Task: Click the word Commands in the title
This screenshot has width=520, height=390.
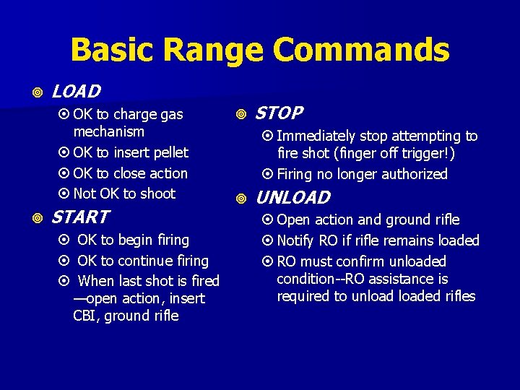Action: coord(363,51)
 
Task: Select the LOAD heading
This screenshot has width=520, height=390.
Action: coord(76,92)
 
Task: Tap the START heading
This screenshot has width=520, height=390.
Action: coord(80,217)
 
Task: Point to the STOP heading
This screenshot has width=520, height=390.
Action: coord(279,113)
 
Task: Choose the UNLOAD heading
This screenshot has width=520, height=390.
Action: coord(293,197)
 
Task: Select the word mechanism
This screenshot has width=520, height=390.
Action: coord(108,132)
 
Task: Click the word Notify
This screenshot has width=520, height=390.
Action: coord(298,240)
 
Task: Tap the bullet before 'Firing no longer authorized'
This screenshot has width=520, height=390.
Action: coord(268,174)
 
